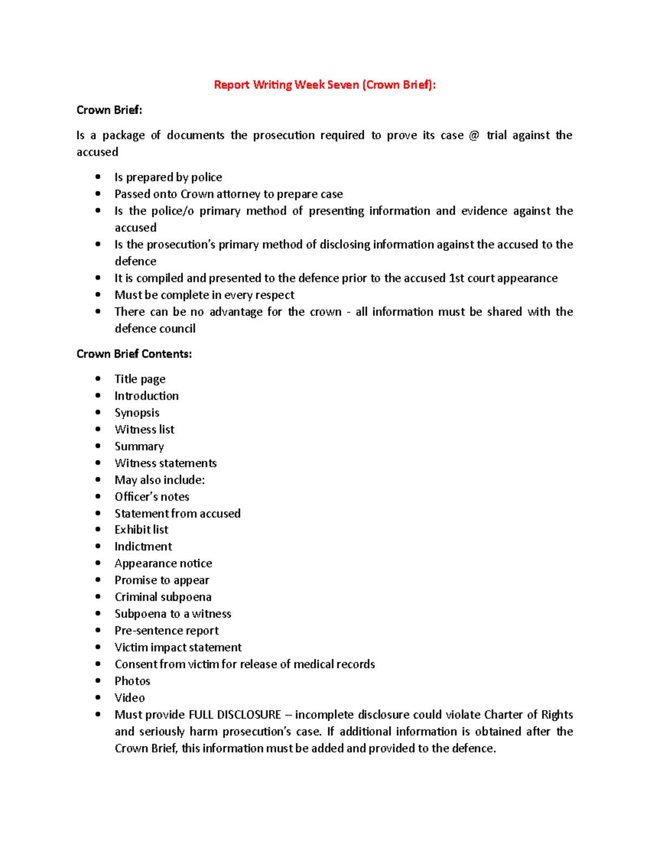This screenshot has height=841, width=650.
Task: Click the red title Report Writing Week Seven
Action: click(x=324, y=84)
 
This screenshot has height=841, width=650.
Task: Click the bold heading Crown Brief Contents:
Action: click(x=134, y=354)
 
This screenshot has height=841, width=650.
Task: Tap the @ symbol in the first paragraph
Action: click(x=474, y=135)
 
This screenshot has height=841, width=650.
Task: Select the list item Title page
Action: click(x=140, y=379)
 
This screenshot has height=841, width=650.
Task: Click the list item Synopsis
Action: click(x=136, y=413)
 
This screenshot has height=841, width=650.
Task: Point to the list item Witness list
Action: click(x=144, y=429)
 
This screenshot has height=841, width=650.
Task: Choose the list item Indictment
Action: click(x=143, y=546)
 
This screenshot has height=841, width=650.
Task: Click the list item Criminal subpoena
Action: click(x=162, y=597)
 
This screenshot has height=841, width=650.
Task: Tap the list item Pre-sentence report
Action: click(x=166, y=630)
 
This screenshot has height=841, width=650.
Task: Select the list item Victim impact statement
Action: click(x=178, y=647)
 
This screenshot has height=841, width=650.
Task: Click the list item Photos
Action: click(x=132, y=681)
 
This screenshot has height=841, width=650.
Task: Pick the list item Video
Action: click(x=129, y=697)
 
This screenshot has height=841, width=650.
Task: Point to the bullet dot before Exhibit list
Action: click(x=98, y=529)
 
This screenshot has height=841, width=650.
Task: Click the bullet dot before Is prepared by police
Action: click(x=98, y=177)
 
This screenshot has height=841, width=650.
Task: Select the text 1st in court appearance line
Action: click(x=457, y=278)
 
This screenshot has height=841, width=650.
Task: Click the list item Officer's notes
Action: click(x=152, y=497)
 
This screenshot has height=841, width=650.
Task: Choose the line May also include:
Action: click(x=159, y=480)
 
